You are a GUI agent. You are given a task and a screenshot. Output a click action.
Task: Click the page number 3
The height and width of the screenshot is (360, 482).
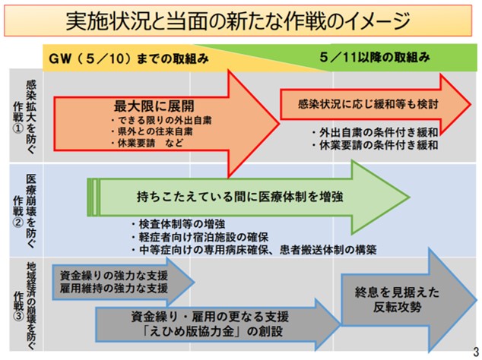click(475, 351)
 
